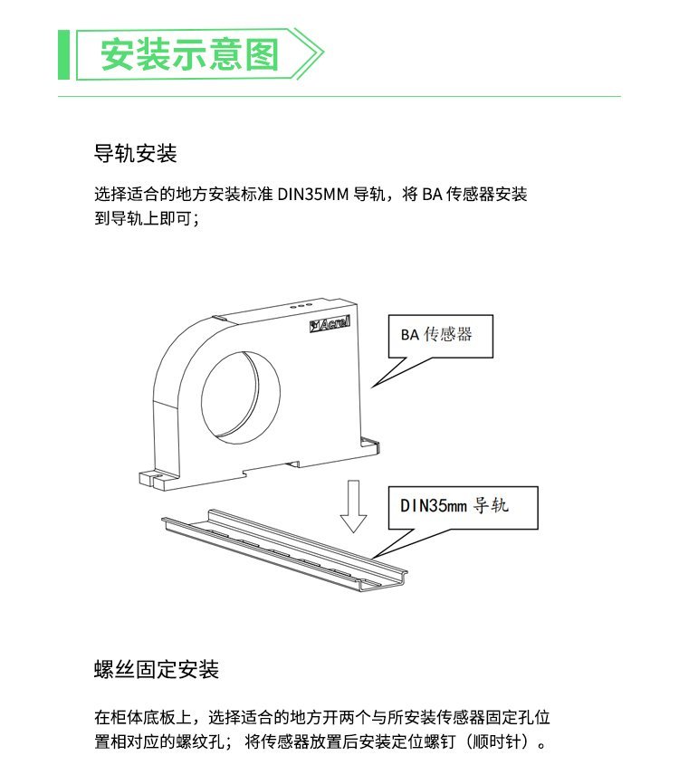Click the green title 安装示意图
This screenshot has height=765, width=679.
click(190, 54)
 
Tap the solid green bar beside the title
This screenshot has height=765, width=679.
click(64, 54)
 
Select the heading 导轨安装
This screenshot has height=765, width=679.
click(135, 153)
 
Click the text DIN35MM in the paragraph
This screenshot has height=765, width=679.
click(313, 194)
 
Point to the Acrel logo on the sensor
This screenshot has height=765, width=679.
click(330, 323)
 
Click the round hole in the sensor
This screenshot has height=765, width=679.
click(241, 397)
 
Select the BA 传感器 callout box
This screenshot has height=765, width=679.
click(441, 336)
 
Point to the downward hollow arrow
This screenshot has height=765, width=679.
click(353, 506)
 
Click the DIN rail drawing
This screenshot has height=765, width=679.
click(284, 550)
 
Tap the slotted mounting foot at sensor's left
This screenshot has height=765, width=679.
click(157, 480)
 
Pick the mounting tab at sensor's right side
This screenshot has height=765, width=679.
click(369, 445)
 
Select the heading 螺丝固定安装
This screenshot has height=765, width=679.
click(156, 669)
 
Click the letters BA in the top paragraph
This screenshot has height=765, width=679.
click(432, 194)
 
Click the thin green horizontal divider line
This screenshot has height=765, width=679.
click(339, 97)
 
